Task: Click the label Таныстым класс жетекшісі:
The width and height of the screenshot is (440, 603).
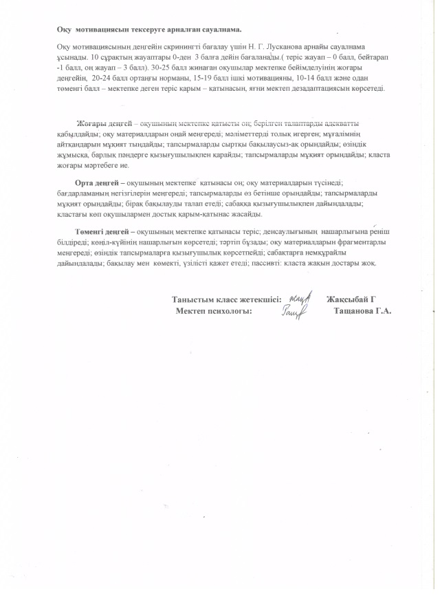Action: click(226, 299)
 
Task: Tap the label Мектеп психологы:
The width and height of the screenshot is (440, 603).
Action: click(214, 311)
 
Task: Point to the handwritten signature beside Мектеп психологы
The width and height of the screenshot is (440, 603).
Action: click(296, 313)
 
